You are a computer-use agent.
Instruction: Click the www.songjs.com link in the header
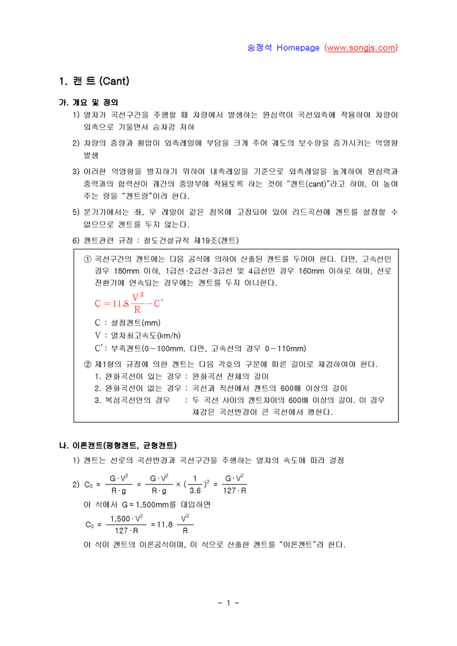point(361,48)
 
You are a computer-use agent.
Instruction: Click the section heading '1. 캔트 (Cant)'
point(94,81)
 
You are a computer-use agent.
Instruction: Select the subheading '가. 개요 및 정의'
point(88,102)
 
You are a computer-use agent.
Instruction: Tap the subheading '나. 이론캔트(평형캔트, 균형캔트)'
point(118,445)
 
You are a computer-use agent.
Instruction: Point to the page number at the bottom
point(228,603)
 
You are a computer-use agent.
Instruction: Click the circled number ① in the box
point(88,259)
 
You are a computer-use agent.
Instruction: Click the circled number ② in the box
point(88,364)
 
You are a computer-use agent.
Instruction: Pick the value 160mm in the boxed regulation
point(311,271)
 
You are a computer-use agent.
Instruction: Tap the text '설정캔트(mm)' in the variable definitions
point(136,323)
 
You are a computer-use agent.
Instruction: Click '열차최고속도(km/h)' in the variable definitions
point(145,335)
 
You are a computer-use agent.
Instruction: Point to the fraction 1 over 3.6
point(195,485)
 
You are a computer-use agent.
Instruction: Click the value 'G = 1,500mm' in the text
point(145,505)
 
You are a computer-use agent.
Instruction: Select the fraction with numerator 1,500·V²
point(126,525)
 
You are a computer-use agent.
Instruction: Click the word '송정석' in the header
point(259,48)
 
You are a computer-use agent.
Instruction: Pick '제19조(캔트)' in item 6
point(216,241)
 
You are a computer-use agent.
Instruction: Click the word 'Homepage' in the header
point(298,48)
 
